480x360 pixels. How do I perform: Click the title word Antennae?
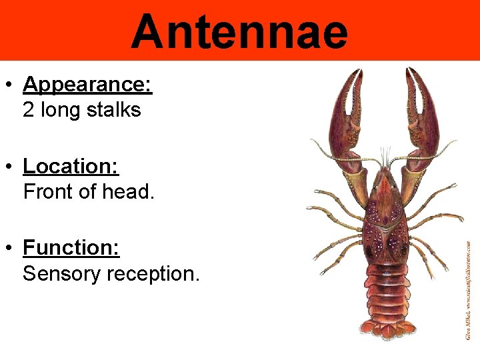coord(239,31)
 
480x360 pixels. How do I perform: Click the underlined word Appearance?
coord(87,85)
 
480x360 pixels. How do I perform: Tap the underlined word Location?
coord(70,166)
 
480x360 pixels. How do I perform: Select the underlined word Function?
coord(71,248)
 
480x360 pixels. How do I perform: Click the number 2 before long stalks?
coord(29,109)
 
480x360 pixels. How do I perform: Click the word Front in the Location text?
coord(48,192)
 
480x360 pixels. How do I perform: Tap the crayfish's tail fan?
coord(385,331)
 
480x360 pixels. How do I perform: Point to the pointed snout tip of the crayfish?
coord(385,171)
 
